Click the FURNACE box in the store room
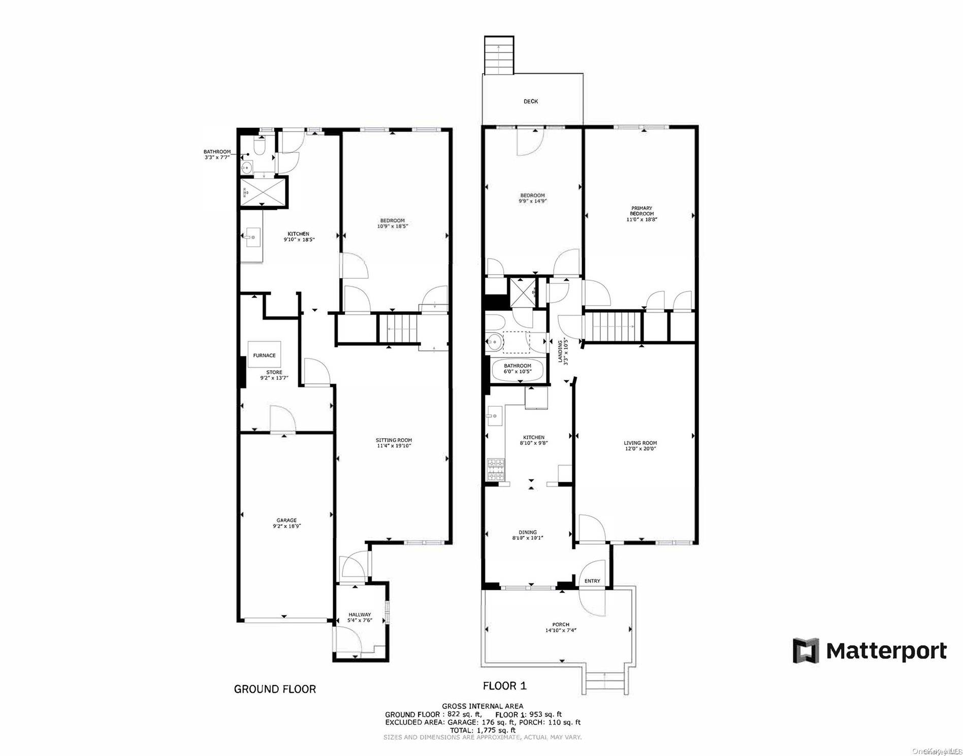click(x=264, y=355)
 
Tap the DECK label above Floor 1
click(x=531, y=102)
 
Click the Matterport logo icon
click(x=807, y=650)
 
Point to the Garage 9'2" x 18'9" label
click(x=286, y=523)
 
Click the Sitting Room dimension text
click(x=394, y=446)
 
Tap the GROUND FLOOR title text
click(x=275, y=689)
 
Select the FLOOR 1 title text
click(x=504, y=686)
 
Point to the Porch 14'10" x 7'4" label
click(x=561, y=628)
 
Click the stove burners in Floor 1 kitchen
click(x=496, y=470)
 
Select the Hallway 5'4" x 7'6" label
click(x=360, y=617)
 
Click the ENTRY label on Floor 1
click(x=592, y=581)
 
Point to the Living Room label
click(x=640, y=445)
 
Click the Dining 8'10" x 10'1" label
click(x=528, y=535)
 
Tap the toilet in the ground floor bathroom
click(x=260, y=147)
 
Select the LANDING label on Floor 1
click(x=562, y=350)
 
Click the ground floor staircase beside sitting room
click(x=399, y=328)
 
